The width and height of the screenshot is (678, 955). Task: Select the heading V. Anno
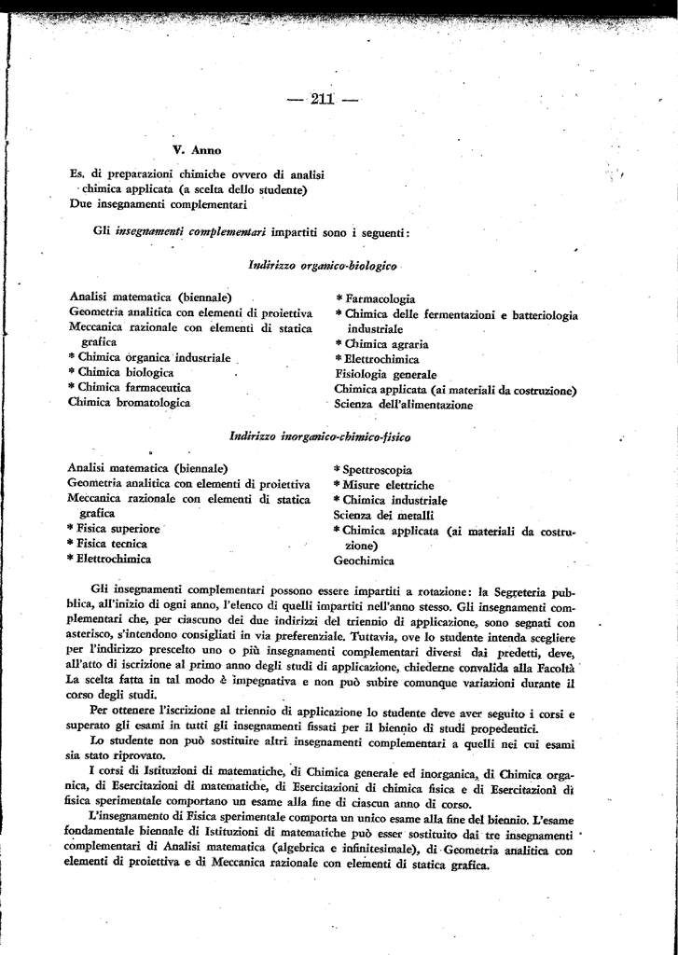[197, 149]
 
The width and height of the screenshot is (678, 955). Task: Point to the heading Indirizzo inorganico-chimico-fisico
[320, 436]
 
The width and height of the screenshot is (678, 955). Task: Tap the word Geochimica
[364, 561]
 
